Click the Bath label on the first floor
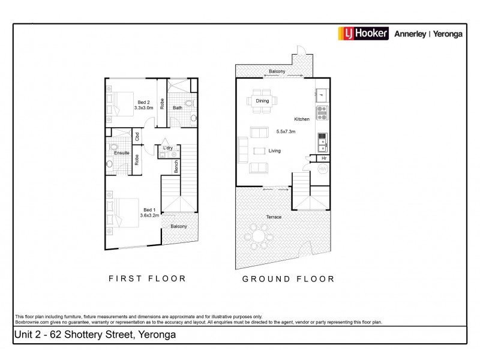pos(178,108)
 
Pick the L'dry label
pos(168,147)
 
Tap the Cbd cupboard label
pos(137,136)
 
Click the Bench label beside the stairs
pos(176,166)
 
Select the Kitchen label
pos(302,119)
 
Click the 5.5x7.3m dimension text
pos(286,131)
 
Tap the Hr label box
pos(323,158)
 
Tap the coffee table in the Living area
pos(259,151)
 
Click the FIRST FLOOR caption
pos(147,278)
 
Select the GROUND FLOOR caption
pos(288,279)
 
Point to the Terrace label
pos(274,217)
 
